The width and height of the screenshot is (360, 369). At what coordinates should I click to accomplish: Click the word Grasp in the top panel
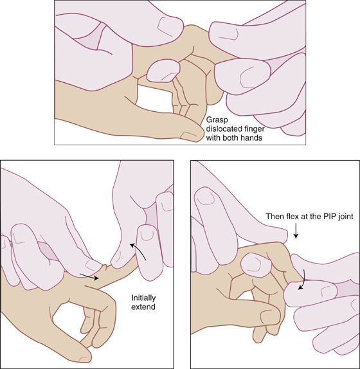[217, 120]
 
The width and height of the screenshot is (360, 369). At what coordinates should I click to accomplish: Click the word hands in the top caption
[251, 138]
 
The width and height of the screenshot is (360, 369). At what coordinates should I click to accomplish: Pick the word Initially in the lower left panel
[143, 298]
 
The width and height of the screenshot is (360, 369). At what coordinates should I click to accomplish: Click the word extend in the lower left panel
[143, 307]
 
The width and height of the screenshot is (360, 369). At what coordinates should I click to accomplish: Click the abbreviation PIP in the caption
[329, 216]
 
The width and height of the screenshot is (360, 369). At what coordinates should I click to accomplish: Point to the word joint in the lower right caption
[345, 217]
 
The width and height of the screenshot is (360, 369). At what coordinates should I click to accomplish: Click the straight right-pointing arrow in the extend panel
[89, 276]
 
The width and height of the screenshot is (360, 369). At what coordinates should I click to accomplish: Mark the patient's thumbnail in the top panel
[189, 135]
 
